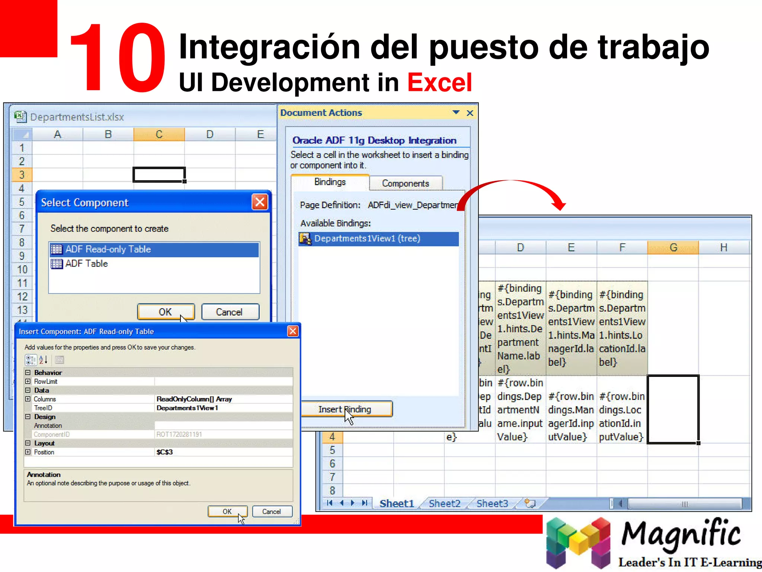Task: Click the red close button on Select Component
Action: click(x=260, y=202)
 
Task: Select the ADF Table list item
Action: click(x=86, y=264)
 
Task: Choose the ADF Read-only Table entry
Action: click(x=108, y=249)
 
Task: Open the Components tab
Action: click(x=405, y=183)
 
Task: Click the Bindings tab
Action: click(x=330, y=182)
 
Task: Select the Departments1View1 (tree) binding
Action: click(x=367, y=238)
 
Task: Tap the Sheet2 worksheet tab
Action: click(x=444, y=503)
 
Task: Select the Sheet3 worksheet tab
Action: click(x=492, y=503)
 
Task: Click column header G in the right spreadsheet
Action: click(x=673, y=248)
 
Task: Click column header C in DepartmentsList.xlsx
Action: click(x=159, y=134)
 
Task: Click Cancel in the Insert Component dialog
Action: click(x=272, y=511)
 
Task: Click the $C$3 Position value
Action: click(x=164, y=452)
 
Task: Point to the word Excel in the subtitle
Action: click(x=439, y=82)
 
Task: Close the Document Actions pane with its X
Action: click(x=470, y=113)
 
